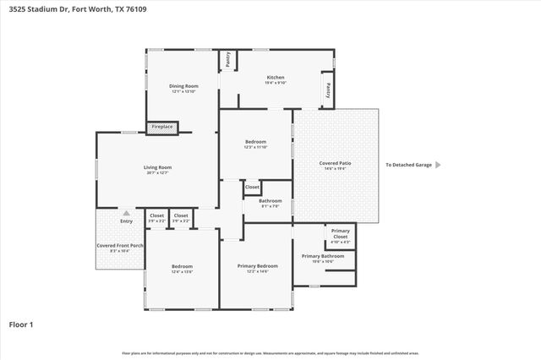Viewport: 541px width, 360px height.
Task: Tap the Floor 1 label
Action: click(x=22, y=324)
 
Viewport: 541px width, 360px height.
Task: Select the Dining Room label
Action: click(x=183, y=85)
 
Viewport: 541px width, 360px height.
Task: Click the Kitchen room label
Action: click(x=276, y=77)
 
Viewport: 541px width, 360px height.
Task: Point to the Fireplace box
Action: click(x=162, y=128)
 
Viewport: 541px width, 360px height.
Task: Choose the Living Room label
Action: click(x=157, y=167)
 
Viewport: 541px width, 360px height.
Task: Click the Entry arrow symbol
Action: click(x=127, y=213)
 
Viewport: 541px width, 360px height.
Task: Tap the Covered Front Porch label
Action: click(x=119, y=245)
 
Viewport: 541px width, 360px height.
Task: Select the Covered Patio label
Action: click(x=336, y=162)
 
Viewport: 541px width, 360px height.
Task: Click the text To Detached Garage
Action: click(x=408, y=165)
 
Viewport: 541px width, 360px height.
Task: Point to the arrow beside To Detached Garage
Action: click(x=438, y=165)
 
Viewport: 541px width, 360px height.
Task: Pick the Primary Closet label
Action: click(x=340, y=233)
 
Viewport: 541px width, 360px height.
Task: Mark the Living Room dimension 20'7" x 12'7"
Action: click(x=157, y=173)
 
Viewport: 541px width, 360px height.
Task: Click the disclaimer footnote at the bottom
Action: click(x=270, y=352)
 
